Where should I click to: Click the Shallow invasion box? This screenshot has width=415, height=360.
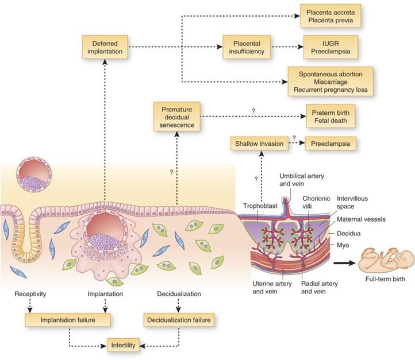[259, 143]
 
